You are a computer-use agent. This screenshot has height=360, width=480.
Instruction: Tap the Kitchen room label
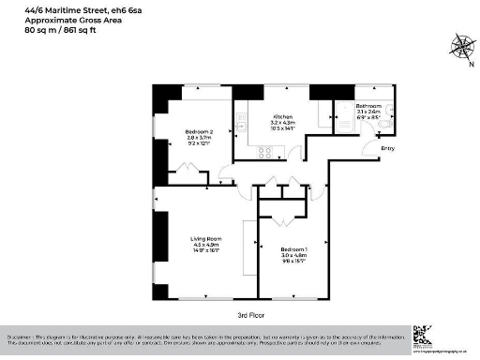[x=282, y=115]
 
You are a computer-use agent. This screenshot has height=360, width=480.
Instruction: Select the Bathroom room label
[x=367, y=106]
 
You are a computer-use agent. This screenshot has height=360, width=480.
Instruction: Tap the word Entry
[x=385, y=148]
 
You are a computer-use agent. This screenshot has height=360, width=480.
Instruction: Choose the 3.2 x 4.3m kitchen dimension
[x=282, y=122]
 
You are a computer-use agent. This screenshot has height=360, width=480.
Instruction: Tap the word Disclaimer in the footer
[x=21, y=335]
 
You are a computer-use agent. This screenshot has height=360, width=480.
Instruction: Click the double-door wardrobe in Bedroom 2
[x=192, y=172]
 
